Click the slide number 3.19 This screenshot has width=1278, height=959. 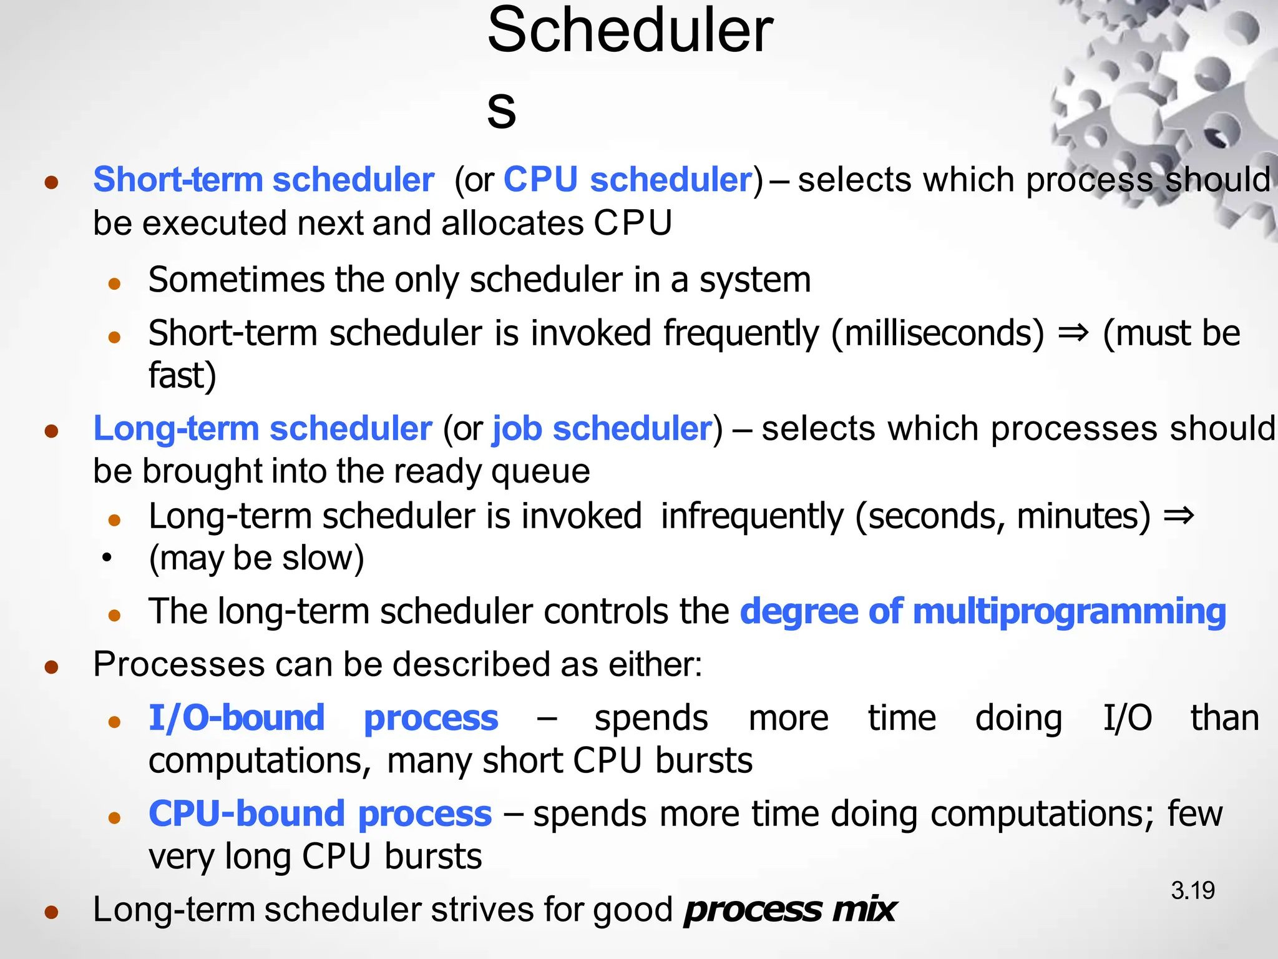[1193, 890]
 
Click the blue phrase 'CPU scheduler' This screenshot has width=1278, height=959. [628, 180]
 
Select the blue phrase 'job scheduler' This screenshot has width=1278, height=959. [602, 429]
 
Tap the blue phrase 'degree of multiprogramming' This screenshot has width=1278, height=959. [983, 611]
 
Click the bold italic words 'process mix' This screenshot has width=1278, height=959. [789, 910]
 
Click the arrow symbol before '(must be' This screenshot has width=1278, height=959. [1073, 333]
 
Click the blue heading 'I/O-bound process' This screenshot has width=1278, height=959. [323, 718]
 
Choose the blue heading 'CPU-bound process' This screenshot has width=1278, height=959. [320, 814]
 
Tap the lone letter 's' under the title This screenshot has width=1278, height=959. [501, 111]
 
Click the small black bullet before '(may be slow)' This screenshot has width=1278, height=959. [107, 557]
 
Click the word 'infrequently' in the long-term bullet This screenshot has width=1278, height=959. [752, 517]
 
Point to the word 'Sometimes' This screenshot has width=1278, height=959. [236, 280]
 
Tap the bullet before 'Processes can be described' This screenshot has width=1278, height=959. [52, 667]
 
